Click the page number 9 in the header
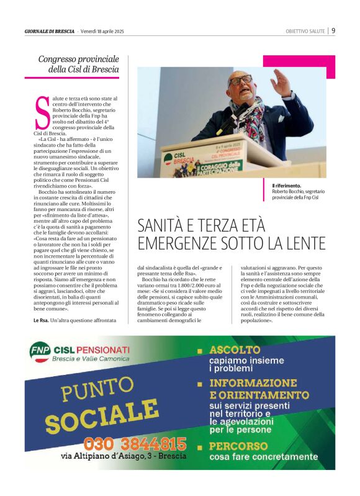(333, 30)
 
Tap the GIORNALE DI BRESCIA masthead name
(50, 31)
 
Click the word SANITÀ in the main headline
(164, 224)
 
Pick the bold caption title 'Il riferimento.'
(287, 186)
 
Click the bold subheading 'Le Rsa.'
(41, 320)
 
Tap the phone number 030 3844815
(135, 444)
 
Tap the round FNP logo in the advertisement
(40, 352)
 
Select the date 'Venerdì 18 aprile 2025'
(102, 31)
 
